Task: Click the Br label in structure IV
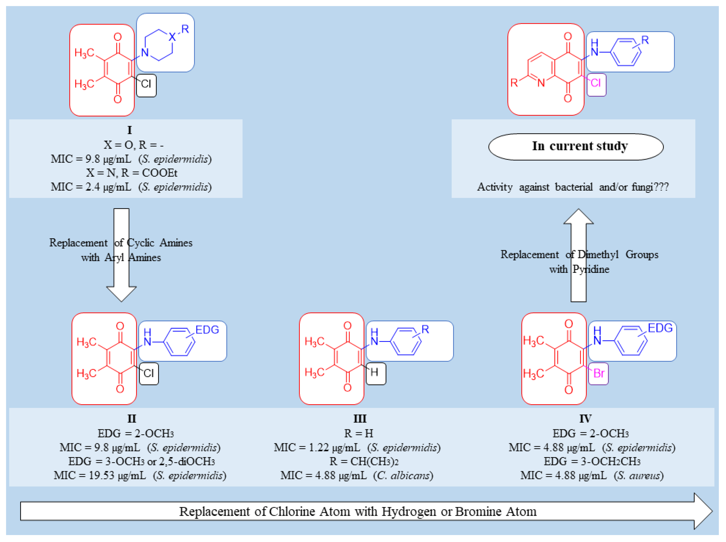[598, 373]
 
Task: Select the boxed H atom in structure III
[374, 372]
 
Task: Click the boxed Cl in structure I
[146, 84]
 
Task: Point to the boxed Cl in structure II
[149, 373]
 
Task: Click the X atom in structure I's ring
[172, 37]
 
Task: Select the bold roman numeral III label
[360, 419]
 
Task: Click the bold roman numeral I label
[130, 130]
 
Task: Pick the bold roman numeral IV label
[585, 419]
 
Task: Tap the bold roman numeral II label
[131, 419]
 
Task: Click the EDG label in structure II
[207, 330]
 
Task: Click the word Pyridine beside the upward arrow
[591, 269]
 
